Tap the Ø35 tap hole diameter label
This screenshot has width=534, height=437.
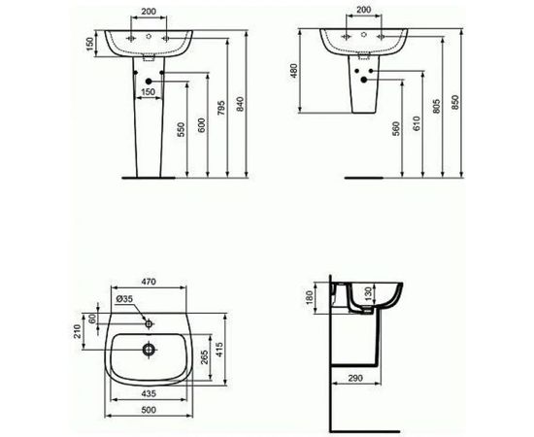click(124, 301)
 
